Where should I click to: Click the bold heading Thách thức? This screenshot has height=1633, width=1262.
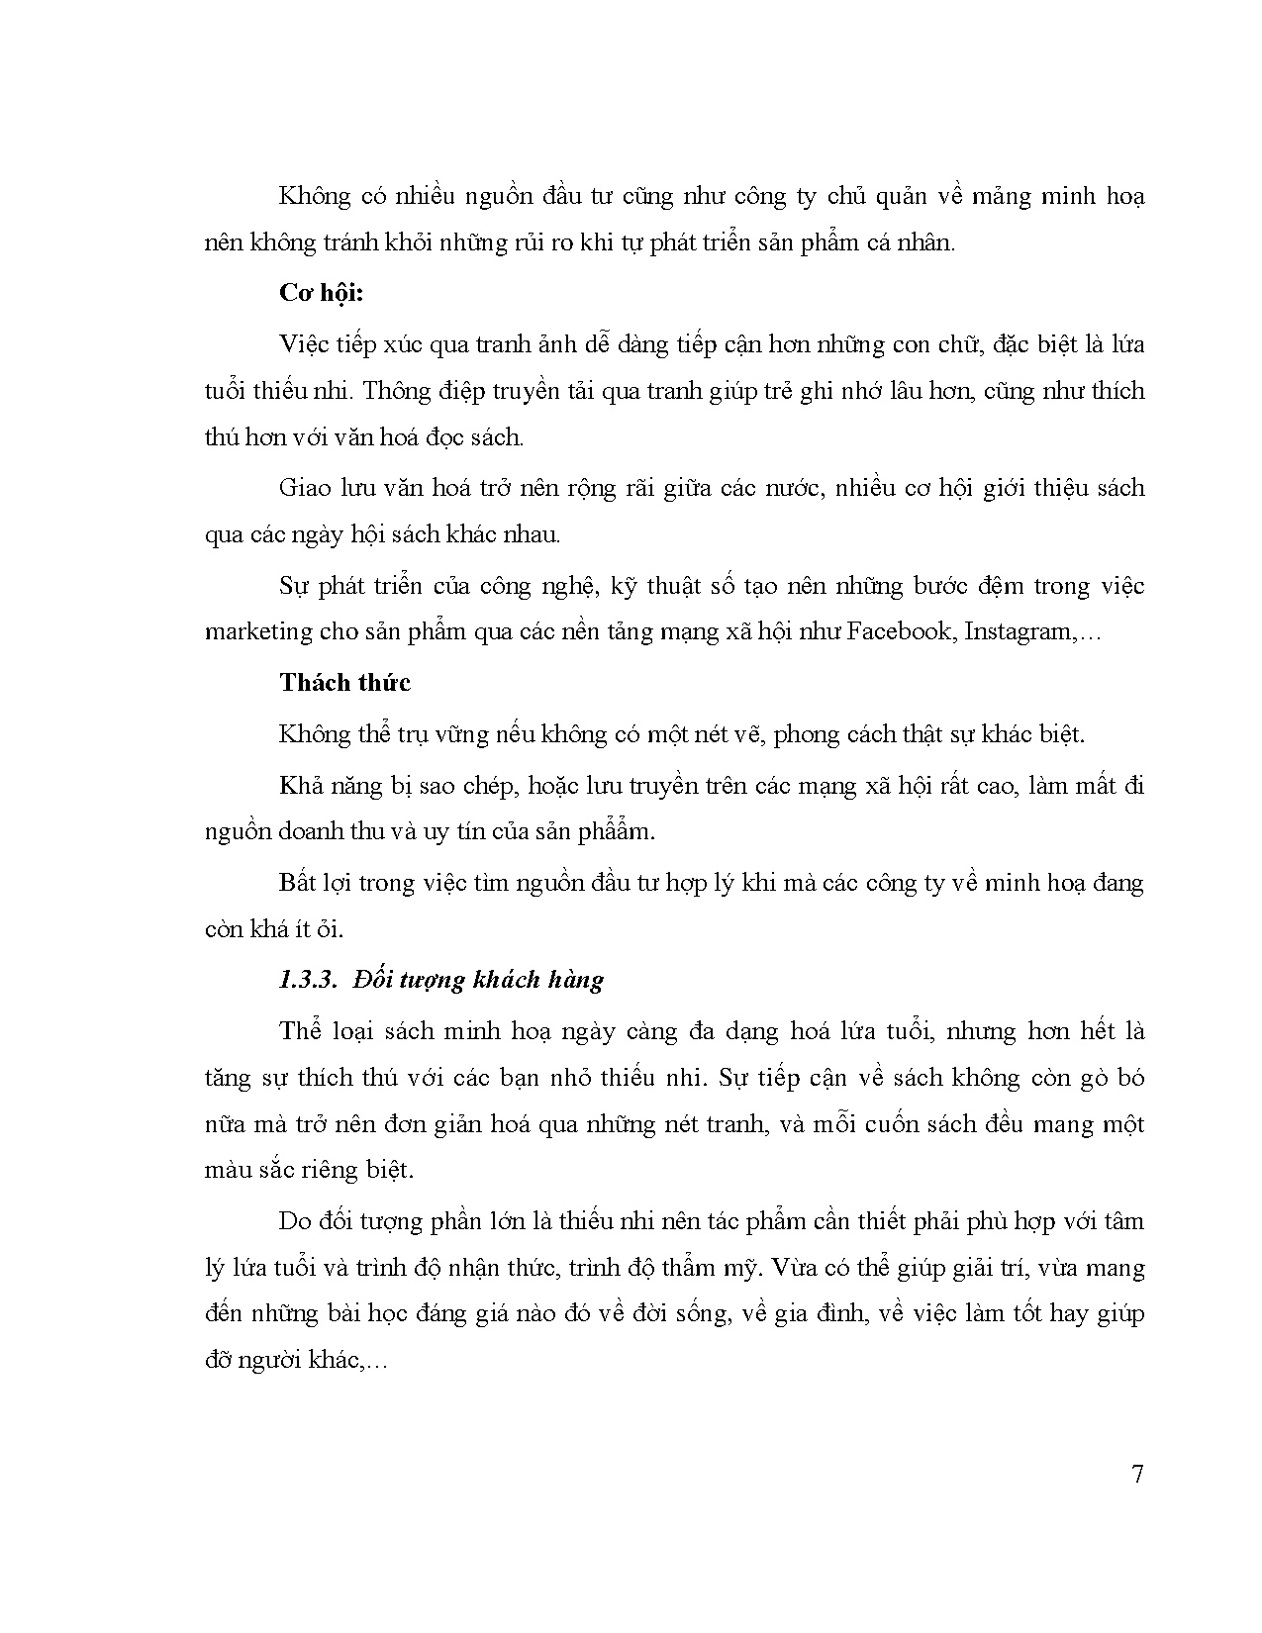click(x=344, y=683)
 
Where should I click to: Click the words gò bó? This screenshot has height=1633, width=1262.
click(x=1112, y=1077)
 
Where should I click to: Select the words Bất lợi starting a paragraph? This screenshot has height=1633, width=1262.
click(x=311, y=883)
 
